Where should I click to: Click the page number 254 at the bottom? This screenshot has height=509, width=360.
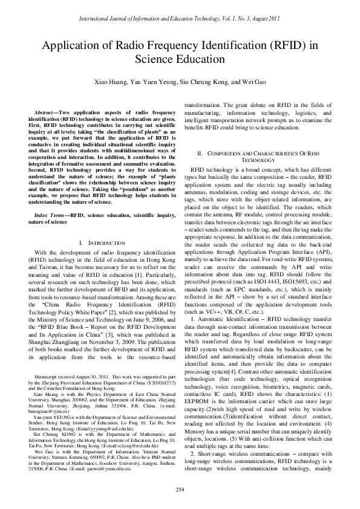[180, 488]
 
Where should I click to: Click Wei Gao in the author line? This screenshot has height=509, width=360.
[253, 82]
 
